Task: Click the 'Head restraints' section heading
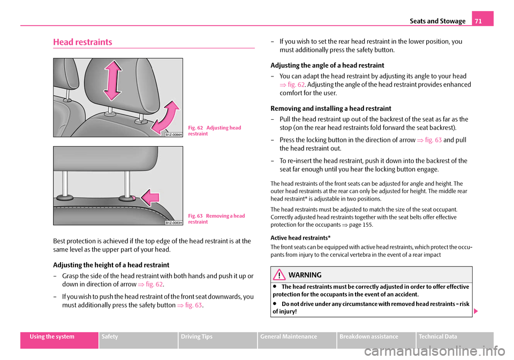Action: [x=83, y=42]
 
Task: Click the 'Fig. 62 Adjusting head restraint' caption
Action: [x=215, y=131]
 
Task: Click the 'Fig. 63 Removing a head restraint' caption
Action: [x=216, y=218]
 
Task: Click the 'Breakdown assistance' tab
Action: [x=376, y=336]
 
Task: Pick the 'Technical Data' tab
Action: [x=455, y=336]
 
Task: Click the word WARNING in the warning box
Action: [x=305, y=275]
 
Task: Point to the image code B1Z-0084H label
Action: [x=173, y=135]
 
